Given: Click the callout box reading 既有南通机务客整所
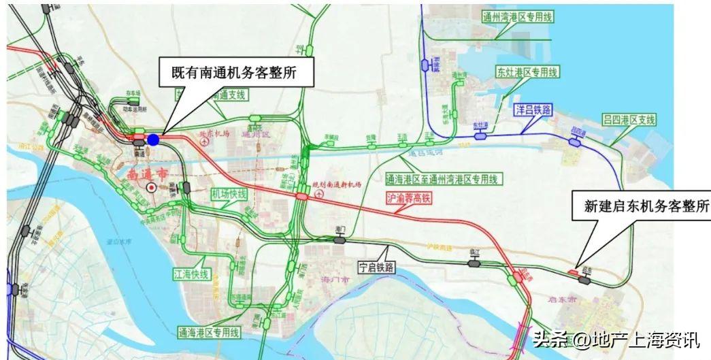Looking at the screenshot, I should click(236, 71).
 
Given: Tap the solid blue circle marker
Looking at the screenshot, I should click(154, 140).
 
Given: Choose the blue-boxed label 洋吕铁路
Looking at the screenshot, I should click(533, 109).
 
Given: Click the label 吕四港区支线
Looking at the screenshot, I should click(629, 120).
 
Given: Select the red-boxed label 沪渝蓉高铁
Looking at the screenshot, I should click(408, 198).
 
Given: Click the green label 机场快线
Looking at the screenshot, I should click(229, 194).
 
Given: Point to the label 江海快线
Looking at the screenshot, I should click(191, 274).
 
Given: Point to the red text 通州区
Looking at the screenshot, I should click(257, 135).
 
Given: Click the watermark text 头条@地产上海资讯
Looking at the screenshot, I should click(616, 338).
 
